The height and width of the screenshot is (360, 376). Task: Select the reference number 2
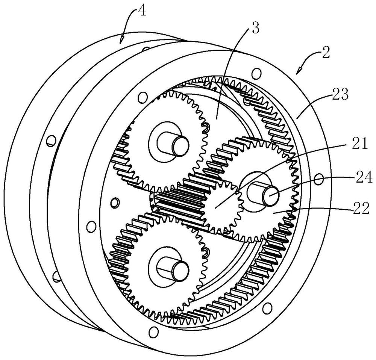pos(325,52)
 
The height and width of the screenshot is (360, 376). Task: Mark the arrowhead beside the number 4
pos(122,39)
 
